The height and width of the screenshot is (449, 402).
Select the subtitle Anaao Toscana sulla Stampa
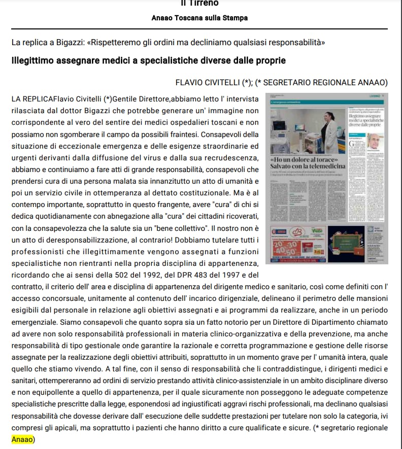tap(199, 18)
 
